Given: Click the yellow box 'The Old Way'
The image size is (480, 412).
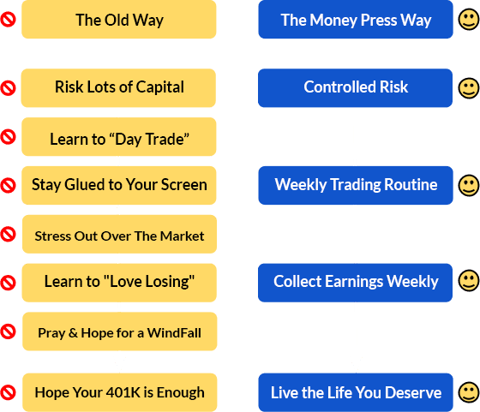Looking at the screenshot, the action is click(x=119, y=19).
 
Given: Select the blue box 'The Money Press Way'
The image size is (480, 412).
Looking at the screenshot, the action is click(x=356, y=19).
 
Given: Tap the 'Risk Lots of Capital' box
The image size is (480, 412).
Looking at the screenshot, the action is click(x=118, y=87).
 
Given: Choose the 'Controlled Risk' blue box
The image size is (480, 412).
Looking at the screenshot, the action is click(x=355, y=87).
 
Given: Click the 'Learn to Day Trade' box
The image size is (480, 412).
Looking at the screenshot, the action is click(x=119, y=137).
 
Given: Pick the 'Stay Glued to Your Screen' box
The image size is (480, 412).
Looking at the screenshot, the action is click(x=119, y=185).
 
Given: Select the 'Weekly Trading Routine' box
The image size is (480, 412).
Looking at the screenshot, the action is click(x=356, y=185).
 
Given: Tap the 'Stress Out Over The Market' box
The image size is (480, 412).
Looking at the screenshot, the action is click(x=119, y=234).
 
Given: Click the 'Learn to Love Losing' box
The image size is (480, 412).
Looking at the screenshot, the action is click(x=119, y=283).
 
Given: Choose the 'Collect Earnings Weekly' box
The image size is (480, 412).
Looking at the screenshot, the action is click(x=355, y=283).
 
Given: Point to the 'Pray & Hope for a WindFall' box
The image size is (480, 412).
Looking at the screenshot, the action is click(x=120, y=331).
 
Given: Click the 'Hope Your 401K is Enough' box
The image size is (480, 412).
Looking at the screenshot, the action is click(x=120, y=392).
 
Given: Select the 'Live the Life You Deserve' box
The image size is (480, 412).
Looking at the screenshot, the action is click(x=356, y=392).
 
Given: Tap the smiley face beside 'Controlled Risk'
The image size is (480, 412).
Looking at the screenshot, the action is click(x=468, y=88).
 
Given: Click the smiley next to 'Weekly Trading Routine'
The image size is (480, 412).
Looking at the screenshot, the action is click(x=468, y=185).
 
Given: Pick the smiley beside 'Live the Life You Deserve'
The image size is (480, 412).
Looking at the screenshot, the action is click(x=468, y=392).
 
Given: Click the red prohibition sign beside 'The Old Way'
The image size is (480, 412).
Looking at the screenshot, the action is click(x=8, y=20).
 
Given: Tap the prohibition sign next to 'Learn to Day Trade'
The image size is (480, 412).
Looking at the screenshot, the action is click(x=8, y=137).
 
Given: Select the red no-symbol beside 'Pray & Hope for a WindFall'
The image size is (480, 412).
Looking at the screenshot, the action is click(x=8, y=331).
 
